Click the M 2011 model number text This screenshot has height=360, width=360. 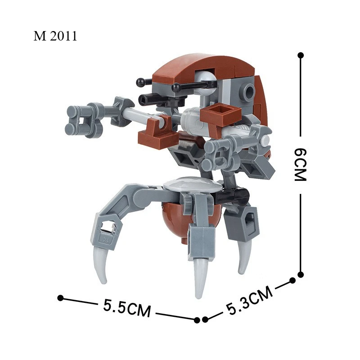click(x=55, y=36)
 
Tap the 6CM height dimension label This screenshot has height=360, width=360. click(x=301, y=164)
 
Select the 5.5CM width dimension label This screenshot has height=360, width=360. click(x=127, y=308)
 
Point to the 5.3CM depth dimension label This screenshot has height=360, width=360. click(x=250, y=300)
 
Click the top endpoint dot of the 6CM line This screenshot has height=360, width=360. click(x=301, y=55)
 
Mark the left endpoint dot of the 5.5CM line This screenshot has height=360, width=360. click(x=60, y=298)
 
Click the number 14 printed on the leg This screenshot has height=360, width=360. click(x=106, y=239)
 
